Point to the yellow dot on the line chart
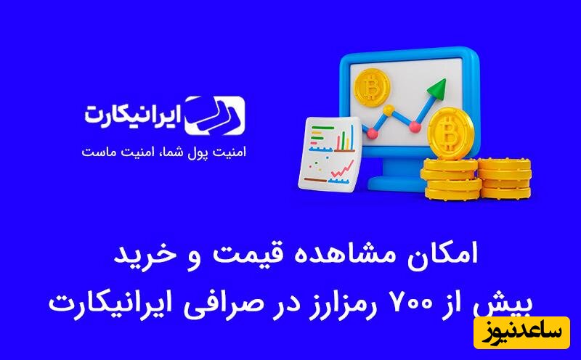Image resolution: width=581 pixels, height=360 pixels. (389, 111)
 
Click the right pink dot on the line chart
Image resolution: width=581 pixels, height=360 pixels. (414, 127)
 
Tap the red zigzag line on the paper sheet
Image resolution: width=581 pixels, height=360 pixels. (339, 171)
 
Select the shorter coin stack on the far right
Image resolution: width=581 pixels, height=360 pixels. (504, 178)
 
